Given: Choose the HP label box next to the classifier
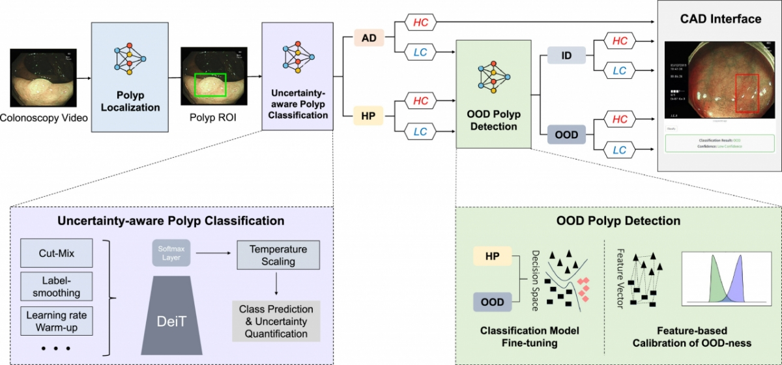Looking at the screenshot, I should point(368,116).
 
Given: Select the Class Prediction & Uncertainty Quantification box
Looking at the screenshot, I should point(276,320).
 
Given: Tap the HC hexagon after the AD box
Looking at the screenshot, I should point(421,22).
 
